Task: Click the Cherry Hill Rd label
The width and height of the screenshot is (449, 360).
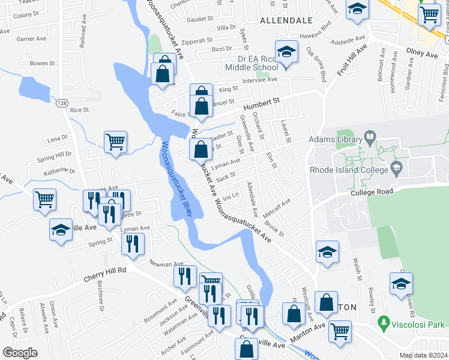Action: pos(105,270)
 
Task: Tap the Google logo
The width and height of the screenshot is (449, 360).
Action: pos(20,353)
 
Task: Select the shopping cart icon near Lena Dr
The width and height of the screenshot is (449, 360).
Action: pos(115,142)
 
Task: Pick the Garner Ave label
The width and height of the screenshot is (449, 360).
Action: pos(32,39)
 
